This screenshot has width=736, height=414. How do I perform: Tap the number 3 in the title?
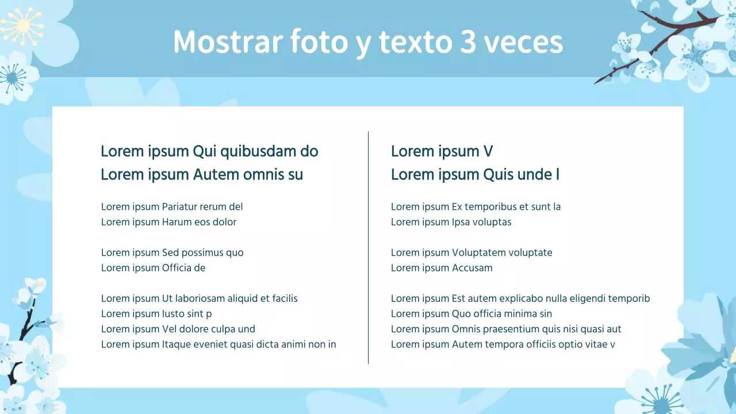click(x=468, y=42)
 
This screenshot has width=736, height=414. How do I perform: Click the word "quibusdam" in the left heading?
click(x=252, y=152)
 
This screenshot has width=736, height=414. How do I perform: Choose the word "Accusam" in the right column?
click(x=472, y=268)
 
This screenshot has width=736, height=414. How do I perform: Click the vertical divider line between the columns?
click(x=368, y=247)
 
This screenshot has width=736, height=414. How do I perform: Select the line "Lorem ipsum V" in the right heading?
click(x=442, y=152)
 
